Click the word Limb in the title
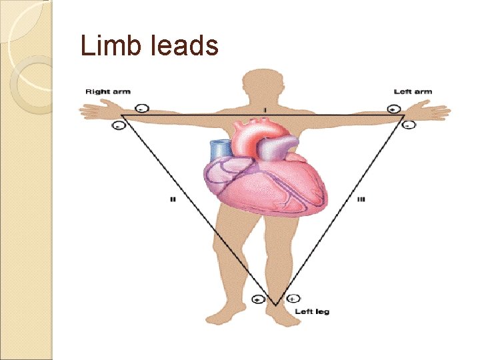[x=102, y=46]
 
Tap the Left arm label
[x=413, y=91]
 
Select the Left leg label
[x=313, y=311]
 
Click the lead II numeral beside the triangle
[x=173, y=199]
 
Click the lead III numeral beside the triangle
[x=361, y=199]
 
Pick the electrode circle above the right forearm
[x=141, y=108]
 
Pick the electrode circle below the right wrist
[x=119, y=125]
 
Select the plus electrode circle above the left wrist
[x=394, y=109]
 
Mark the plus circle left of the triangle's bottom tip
[x=259, y=300]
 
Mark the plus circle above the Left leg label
[x=294, y=299]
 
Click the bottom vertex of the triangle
[x=276, y=305]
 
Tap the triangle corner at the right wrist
[x=123, y=115]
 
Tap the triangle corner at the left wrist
[x=405, y=115]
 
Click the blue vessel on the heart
[x=219, y=150]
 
